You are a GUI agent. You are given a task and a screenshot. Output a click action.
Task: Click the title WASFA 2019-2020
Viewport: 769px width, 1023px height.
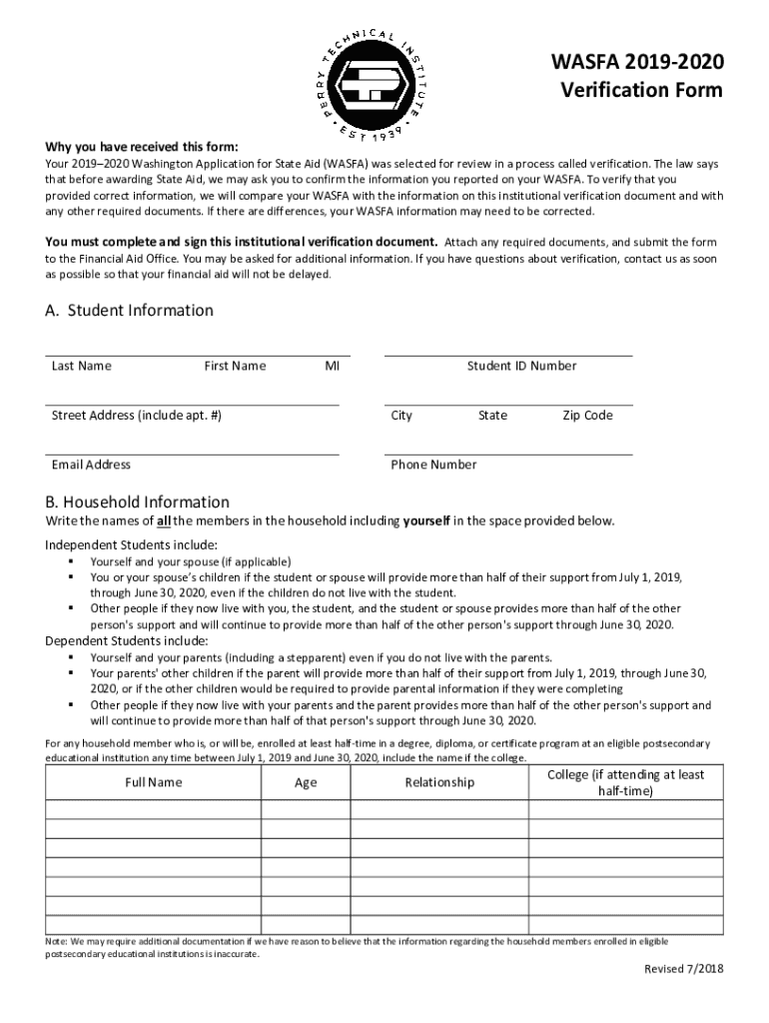pos(638,64)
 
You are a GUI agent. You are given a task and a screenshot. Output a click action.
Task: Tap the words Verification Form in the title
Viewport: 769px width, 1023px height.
pos(640,91)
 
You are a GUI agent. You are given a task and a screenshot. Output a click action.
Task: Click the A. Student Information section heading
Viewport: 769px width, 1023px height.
pos(129,311)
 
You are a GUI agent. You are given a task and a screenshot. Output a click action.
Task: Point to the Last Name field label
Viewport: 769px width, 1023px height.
pos(81,366)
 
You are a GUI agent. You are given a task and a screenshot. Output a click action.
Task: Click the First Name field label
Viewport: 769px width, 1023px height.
pos(235,366)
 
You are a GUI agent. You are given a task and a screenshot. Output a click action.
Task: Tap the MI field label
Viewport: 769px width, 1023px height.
pos(332,366)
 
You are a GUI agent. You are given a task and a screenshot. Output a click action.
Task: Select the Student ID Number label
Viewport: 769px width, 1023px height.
pos(521,366)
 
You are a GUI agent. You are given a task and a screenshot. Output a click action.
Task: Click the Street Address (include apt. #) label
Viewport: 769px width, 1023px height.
pos(136,416)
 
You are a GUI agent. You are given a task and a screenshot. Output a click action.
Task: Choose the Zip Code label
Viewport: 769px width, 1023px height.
pos(587,416)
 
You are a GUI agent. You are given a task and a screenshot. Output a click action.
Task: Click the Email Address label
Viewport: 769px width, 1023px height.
pos(91,465)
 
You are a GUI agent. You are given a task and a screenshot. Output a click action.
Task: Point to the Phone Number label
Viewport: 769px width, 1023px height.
pos(433,465)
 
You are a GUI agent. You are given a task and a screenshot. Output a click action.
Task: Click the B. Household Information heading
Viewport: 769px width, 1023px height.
pos(137,503)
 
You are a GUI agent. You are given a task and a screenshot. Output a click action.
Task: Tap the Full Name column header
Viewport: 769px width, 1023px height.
pos(153,782)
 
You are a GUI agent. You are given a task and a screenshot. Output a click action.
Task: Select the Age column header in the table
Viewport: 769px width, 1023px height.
pos(306,782)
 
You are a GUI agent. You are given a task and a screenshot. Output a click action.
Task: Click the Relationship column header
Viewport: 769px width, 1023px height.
pos(439,782)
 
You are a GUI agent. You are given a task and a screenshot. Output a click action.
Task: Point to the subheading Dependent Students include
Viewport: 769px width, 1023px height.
pos(126,640)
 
